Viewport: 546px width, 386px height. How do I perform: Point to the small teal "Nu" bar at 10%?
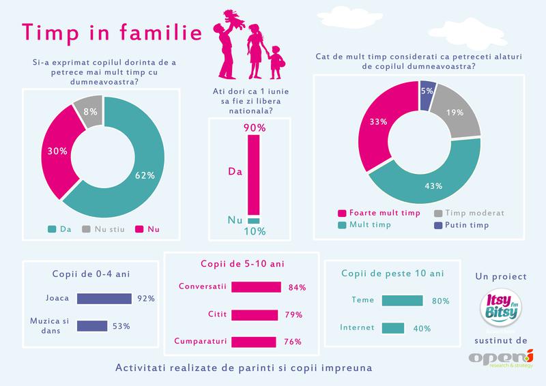(254, 220)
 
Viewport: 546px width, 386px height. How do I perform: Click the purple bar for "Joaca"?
(104, 298)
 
